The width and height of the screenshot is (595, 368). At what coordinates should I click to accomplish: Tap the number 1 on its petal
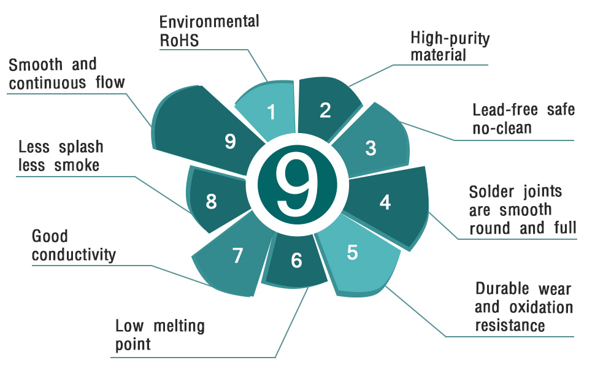point(272,112)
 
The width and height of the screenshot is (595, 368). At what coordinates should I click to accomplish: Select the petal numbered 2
point(325,110)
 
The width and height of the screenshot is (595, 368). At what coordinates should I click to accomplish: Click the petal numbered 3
point(370,148)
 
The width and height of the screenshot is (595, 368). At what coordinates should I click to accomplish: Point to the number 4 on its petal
point(385,202)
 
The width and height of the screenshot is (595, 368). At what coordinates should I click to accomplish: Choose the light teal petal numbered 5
point(353,253)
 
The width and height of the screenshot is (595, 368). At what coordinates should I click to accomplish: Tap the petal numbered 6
point(296,261)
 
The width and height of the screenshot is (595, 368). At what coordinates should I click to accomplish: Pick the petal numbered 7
point(237,256)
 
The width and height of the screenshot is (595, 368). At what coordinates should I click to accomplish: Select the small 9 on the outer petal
point(230,142)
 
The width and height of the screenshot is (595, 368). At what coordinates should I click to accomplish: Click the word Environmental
point(209,21)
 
